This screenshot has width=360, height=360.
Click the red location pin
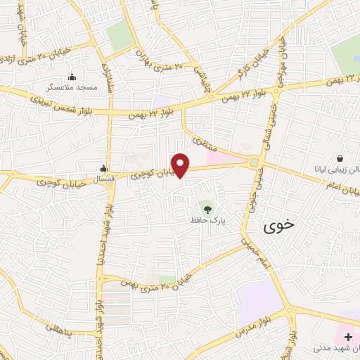coord(181,165)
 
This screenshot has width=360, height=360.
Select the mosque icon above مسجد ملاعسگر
coord(72,77)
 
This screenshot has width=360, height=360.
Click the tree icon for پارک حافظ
coord(206,209)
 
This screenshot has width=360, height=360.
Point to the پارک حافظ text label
coord(207,220)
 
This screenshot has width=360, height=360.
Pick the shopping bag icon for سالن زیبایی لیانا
coord(340,159)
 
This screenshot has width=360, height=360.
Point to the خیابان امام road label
coord(330,183)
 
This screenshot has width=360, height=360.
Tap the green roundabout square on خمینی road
coord(253,162)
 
